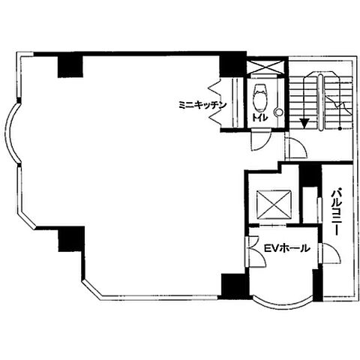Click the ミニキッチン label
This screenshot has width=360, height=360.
pyautogui.click(x=202, y=105)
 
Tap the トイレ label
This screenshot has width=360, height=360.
pyautogui.click(x=260, y=118)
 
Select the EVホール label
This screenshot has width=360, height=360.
pyautogui.click(x=287, y=247)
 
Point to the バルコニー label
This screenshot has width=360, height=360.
pyautogui.click(x=335, y=212)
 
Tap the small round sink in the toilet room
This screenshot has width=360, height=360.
pyautogui.click(x=278, y=112)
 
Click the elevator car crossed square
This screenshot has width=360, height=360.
pyautogui.click(x=274, y=205)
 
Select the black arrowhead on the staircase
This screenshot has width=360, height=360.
pyautogui.click(x=304, y=123)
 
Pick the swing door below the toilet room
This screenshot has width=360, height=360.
pyautogui.click(x=260, y=140)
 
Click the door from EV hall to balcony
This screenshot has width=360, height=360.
pyautogui.click(x=331, y=253)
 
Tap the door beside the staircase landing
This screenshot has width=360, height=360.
pyautogui.click(x=295, y=148)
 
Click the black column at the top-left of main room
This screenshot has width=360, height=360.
pyautogui.click(x=70, y=66)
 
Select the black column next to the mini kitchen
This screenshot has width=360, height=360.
pyautogui.click(x=232, y=66)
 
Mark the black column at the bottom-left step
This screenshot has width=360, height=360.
pyautogui.click(x=71, y=239)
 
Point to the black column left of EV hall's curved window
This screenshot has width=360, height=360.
pyautogui.click(x=233, y=286)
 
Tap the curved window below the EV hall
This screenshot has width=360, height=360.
pyautogui.click(x=283, y=304)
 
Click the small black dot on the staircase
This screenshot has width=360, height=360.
pyautogui.click(x=340, y=129)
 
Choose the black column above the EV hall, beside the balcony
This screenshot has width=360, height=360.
pyautogui.click(x=310, y=175)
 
